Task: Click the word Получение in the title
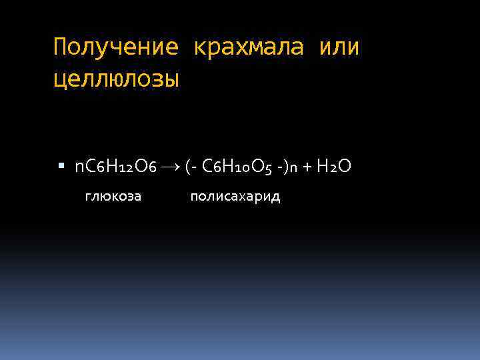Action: (115, 48)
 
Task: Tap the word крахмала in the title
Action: (249, 48)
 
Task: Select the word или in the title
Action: (339, 48)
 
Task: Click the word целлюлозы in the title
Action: (116, 80)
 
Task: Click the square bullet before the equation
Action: (62, 165)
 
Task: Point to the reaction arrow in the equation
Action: (170, 166)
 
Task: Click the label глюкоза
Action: (113, 197)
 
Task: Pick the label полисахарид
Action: (235, 197)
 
